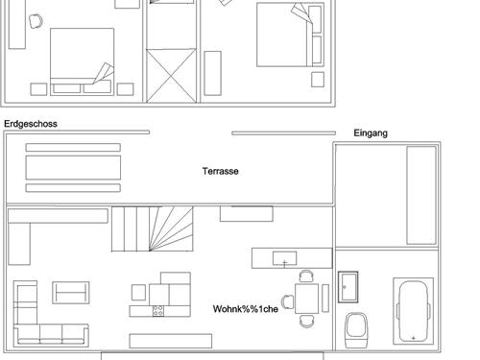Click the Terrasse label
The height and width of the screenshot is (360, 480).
tap(221, 171)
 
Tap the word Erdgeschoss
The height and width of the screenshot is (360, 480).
tap(31, 124)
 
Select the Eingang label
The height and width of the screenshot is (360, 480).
tap(371, 133)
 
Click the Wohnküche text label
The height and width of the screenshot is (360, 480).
tap(246, 309)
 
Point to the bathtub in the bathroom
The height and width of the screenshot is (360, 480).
tap(413, 311)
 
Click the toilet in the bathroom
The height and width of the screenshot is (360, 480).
tap(356, 330)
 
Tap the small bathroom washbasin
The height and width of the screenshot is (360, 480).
tap(348, 287)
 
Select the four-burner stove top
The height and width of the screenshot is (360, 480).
tap(158, 311)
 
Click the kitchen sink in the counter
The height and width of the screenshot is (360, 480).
tap(284, 258)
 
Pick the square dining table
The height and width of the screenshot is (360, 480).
tap(306, 299)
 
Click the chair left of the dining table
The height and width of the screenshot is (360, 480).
tap(288, 301)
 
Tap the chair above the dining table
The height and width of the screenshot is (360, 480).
tap(306, 276)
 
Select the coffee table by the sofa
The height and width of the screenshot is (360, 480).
tap(71, 293)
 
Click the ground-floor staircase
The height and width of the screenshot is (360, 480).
tap(153, 228)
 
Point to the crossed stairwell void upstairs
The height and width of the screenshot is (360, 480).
tap(171, 76)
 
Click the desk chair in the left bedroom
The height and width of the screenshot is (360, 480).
tap(36, 21)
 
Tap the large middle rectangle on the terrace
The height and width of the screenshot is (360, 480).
tap(73, 167)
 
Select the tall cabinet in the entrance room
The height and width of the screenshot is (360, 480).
tap(421, 195)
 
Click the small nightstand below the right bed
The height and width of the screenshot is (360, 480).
tap(318, 80)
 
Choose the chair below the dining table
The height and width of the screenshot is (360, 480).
tap(306, 321)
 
